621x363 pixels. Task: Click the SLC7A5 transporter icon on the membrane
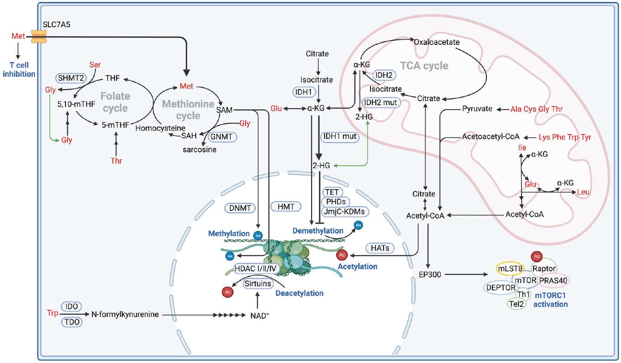click(39, 37)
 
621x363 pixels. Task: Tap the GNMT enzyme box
click(222, 137)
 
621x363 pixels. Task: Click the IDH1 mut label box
click(340, 137)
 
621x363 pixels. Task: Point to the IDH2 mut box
click(381, 103)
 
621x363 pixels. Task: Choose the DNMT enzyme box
click(240, 208)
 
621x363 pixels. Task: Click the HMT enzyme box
click(286, 206)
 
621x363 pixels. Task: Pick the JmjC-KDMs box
click(344, 211)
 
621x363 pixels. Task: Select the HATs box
click(380, 248)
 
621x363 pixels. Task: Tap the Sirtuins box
click(258, 284)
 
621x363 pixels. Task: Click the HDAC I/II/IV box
click(255, 268)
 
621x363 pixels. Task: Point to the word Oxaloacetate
click(436, 42)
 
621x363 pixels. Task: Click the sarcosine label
click(200, 150)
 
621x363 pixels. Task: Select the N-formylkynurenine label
click(125, 315)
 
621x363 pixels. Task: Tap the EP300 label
click(430, 275)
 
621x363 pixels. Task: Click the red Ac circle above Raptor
click(537, 256)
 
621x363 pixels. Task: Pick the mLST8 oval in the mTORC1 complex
click(510, 269)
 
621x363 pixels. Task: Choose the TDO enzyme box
click(71, 322)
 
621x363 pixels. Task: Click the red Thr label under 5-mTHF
click(116, 161)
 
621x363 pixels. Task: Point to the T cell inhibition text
click(19, 69)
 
